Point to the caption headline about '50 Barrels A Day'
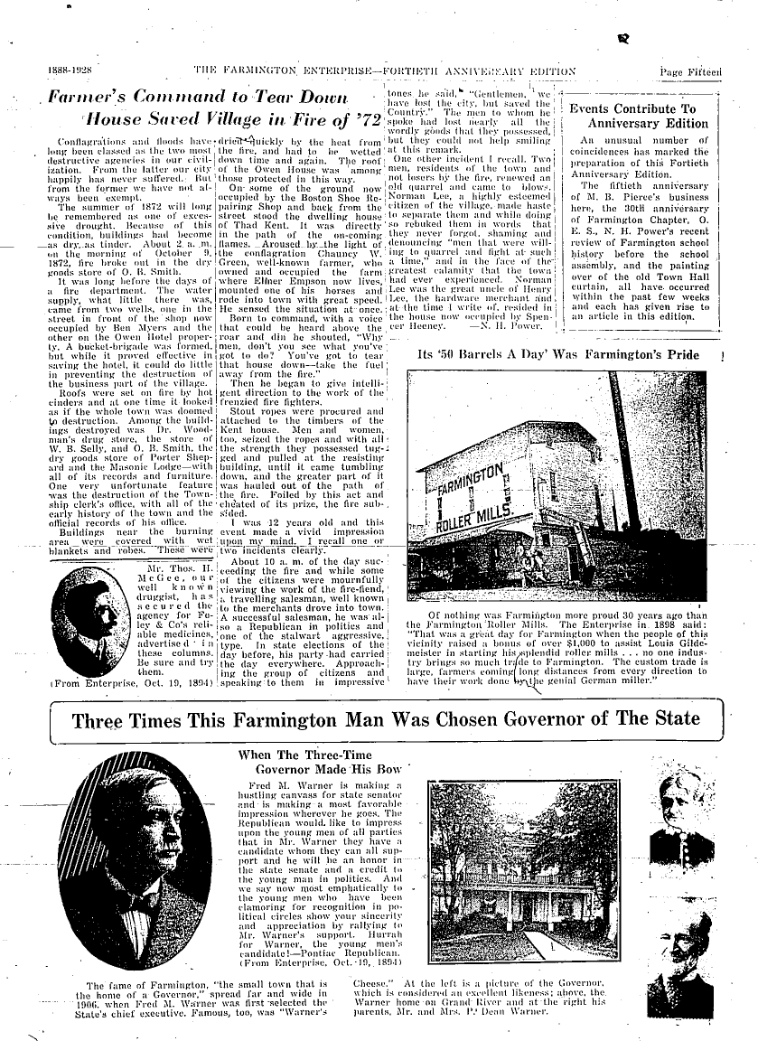pos(571,355)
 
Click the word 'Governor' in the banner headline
pos(557,719)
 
